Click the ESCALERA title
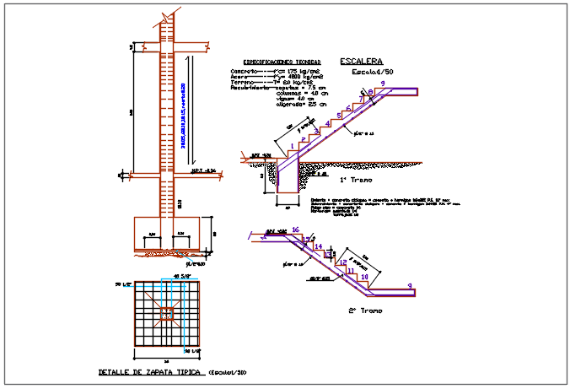click(361, 62)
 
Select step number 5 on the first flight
click(338, 114)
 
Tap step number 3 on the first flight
click(316, 131)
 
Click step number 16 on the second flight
click(295, 230)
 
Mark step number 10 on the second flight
click(364, 277)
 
